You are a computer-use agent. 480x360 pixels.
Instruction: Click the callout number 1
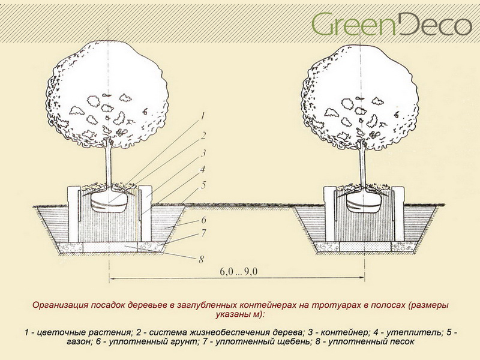[203, 115]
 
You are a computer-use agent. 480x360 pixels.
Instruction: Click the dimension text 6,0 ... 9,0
[238, 273]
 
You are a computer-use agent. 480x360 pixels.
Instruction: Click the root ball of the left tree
[109, 203]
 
